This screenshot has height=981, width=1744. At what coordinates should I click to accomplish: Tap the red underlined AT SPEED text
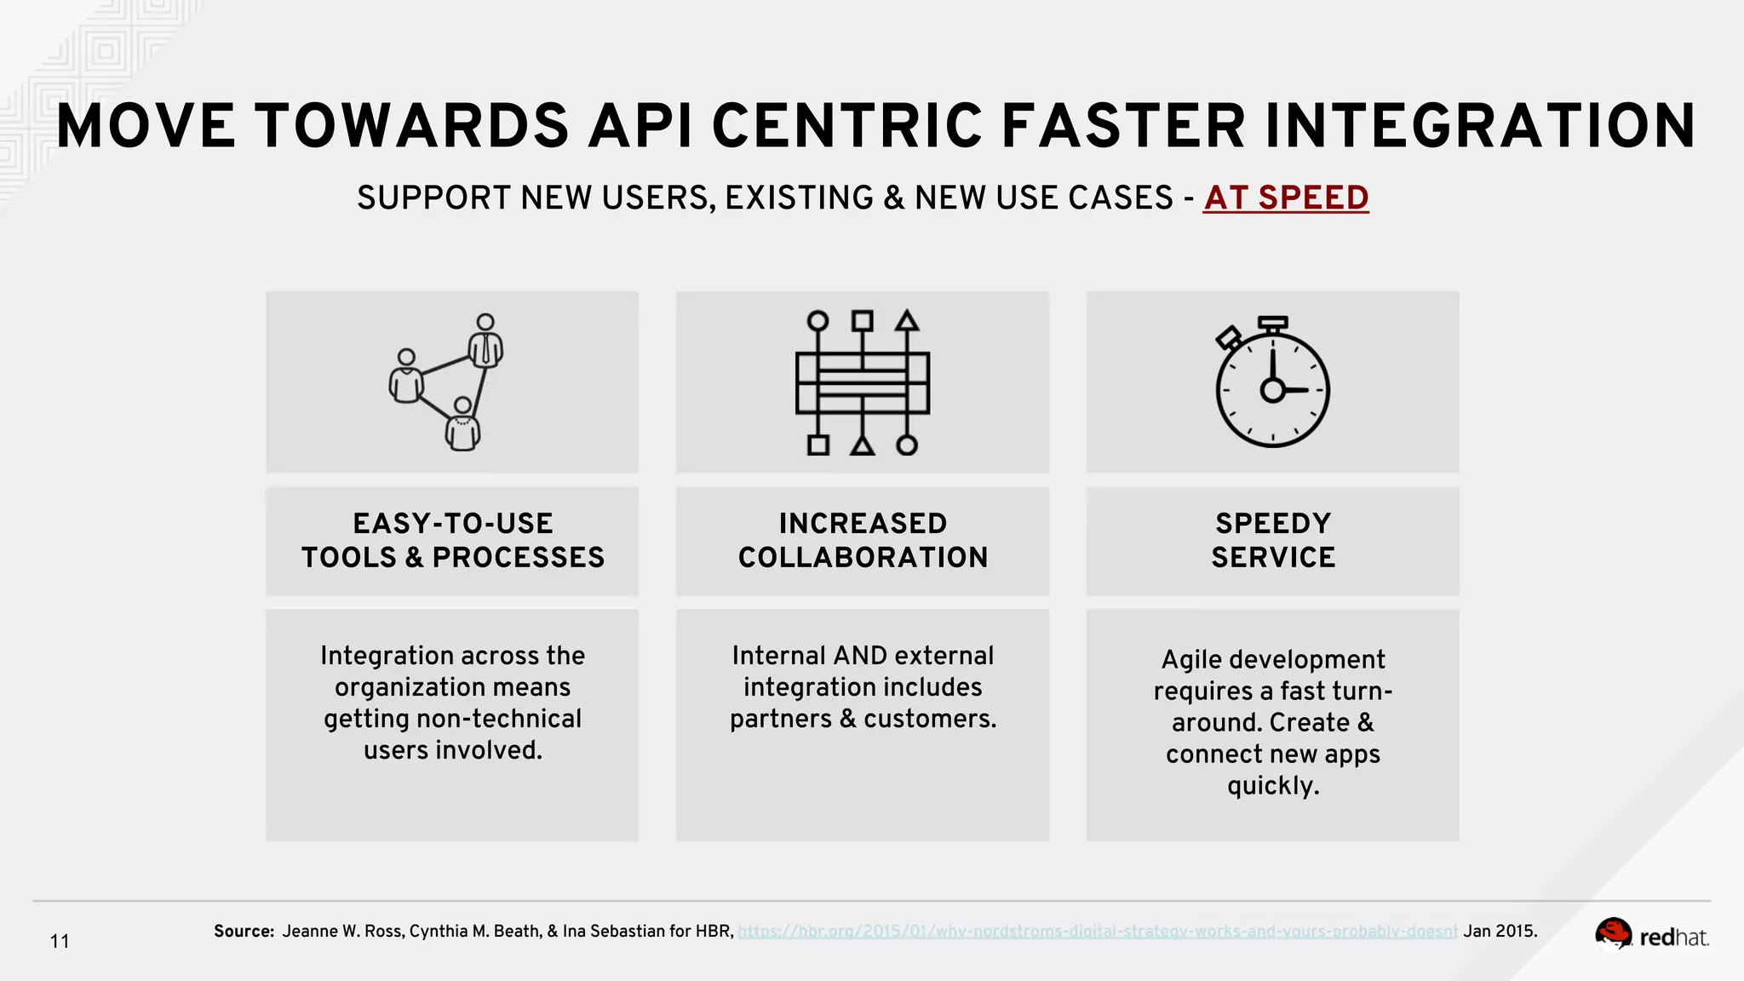point(1285,198)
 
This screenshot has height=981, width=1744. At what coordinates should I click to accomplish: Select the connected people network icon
point(447,382)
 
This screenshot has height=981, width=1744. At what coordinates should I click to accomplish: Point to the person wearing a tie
point(485,341)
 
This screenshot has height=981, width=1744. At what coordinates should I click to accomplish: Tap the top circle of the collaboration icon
point(817,321)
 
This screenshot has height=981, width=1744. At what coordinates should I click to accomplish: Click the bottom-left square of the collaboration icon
point(818,445)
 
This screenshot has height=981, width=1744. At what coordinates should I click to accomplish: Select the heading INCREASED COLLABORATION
point(863,540)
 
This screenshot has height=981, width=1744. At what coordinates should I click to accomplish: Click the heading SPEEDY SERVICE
point(1272,540)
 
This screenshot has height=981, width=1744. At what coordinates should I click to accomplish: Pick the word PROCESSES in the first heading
point(518,558)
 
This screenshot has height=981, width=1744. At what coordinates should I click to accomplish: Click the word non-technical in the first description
point(499,719)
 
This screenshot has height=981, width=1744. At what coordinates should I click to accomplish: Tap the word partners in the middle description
point(780,719)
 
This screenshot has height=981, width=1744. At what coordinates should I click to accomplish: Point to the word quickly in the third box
point(1272,785)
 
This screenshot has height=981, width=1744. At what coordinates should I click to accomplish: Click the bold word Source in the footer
point(243,932)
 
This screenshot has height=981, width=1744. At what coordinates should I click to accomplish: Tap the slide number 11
point(60,942)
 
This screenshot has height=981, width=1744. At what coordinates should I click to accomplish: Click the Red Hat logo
point(1651,935)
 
